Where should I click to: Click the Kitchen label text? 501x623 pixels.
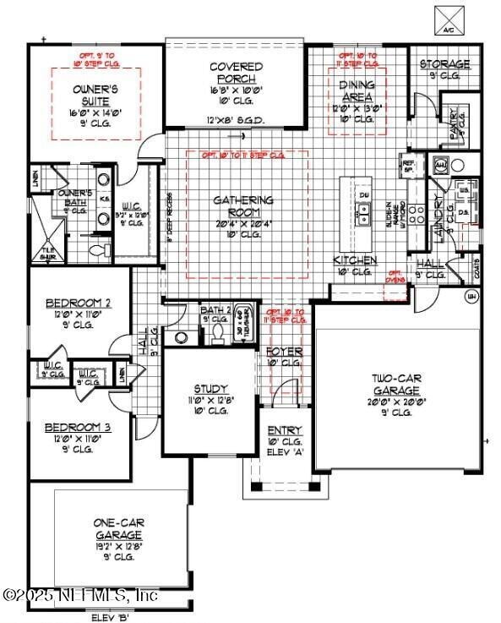[355, 260]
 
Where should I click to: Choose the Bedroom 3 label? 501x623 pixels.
[78, 428]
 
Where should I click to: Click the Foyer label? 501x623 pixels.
[284, 351]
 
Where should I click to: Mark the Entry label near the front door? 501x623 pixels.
[285, 430]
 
